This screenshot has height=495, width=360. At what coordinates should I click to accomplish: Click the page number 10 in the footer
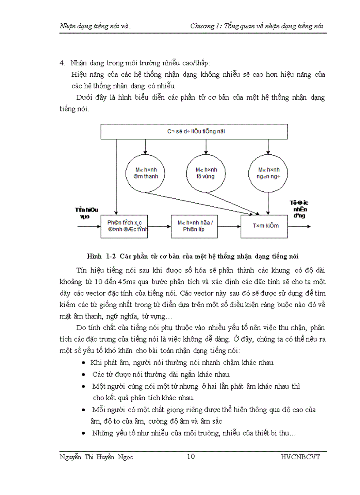[x=191, y=456]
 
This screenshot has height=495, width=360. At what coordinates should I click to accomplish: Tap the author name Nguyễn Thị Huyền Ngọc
[x=96, y=457]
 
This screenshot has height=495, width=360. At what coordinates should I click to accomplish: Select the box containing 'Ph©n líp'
[x=195, y=226]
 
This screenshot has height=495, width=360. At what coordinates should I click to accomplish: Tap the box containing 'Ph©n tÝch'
[x=124, y=226]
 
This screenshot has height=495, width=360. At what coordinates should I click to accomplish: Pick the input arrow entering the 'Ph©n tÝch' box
[x=89, y=227]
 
